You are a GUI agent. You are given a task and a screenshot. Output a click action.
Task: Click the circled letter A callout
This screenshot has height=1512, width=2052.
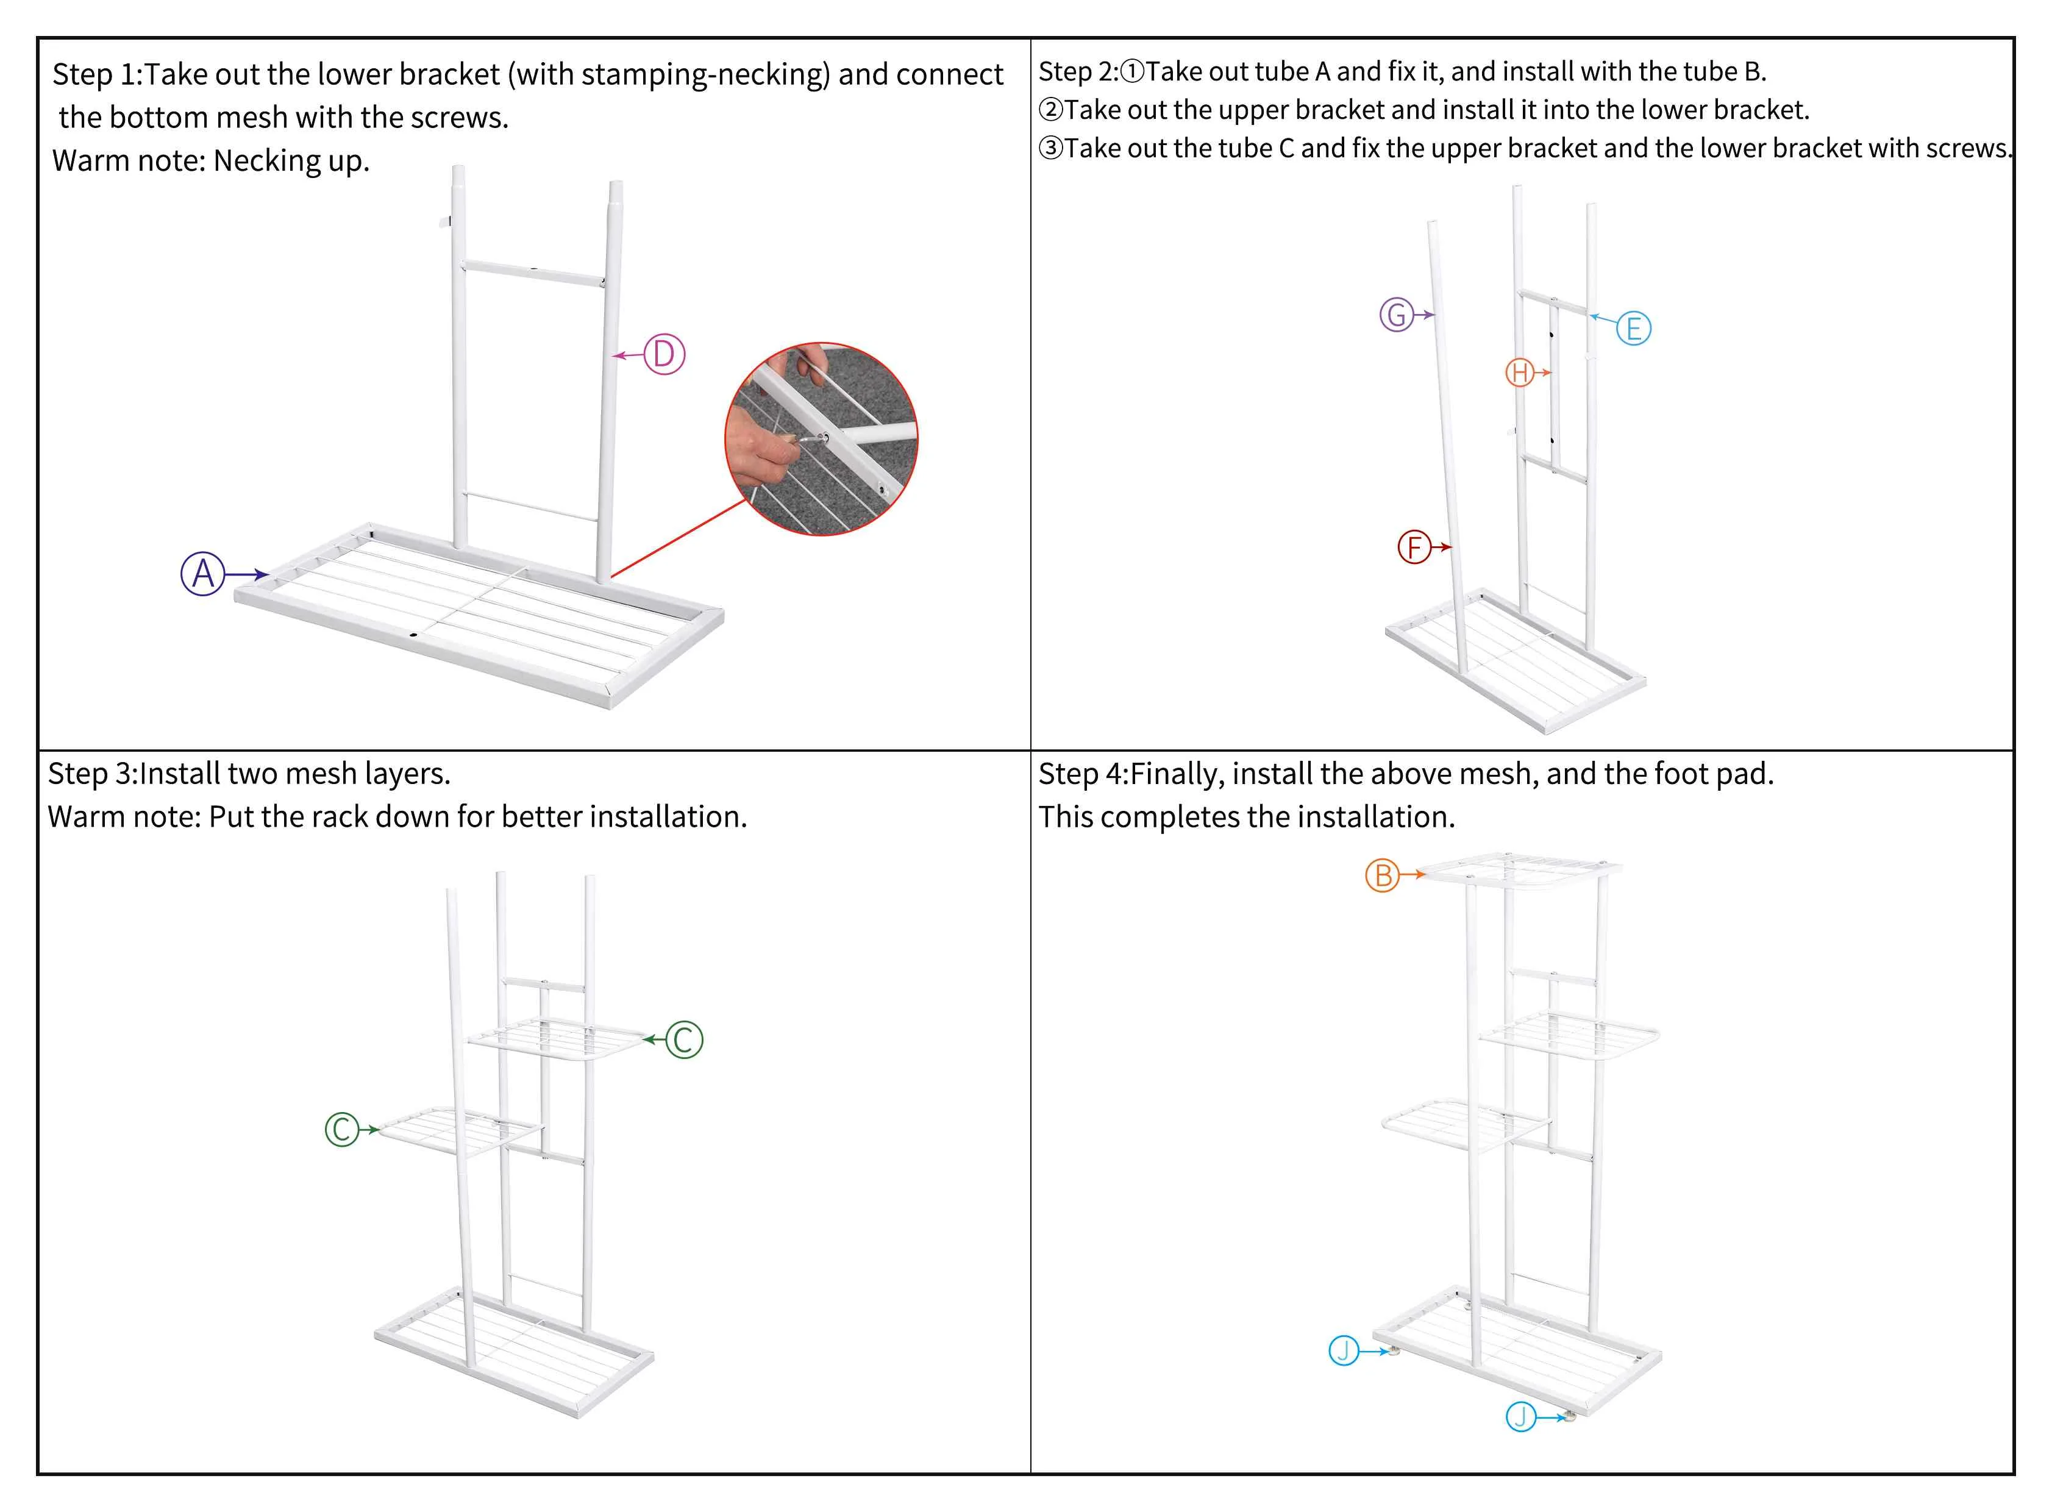point(203,574)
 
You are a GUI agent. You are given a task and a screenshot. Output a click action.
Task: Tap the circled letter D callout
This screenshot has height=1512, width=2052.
point(664,354)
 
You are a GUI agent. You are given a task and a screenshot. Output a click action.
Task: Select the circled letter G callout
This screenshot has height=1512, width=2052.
point(1397,315)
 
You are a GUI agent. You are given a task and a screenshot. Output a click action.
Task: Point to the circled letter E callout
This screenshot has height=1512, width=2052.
point(1634,329)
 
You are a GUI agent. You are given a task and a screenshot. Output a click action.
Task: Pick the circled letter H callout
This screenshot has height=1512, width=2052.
point(1520,373)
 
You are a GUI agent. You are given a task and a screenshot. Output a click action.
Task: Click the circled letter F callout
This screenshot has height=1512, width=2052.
point(1414,547)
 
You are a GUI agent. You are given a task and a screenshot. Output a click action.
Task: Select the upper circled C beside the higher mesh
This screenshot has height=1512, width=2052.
point(683,1039)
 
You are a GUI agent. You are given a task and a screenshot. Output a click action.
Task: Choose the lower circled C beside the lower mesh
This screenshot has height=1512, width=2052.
point(343,1129)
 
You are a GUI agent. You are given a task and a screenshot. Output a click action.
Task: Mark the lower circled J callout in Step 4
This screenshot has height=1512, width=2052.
point(1520,1417)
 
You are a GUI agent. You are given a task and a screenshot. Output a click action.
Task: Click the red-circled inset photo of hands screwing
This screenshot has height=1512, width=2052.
point(821,440)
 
